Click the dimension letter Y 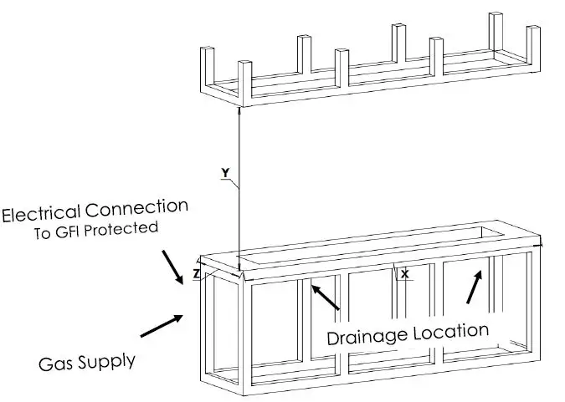(x=224, y=173)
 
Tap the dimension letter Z (x=196, y=273)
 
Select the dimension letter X (x=405, y=273)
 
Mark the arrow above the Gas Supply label (x=162, y=327)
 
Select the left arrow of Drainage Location (x=324, y=297)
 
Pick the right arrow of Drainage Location (x=474, y=286)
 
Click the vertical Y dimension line (x=240, y=184)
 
